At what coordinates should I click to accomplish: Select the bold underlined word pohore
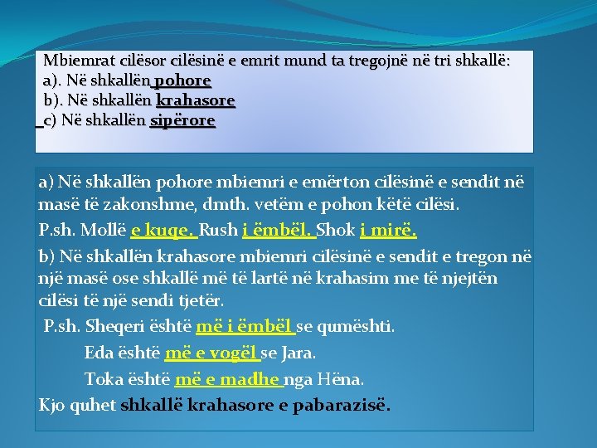[182, 81]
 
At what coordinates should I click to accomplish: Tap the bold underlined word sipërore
[182, 121]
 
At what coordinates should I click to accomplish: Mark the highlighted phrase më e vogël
[211, 353]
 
